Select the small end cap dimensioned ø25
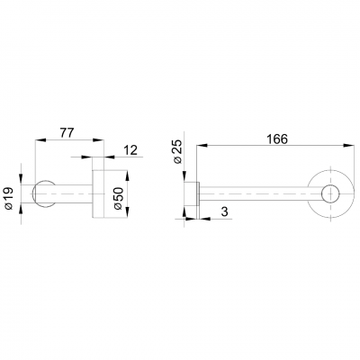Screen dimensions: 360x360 [x=191, y=193]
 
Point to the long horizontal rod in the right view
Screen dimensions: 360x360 [x=256, y=193]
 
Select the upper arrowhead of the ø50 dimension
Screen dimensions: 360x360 [x=133, y=170]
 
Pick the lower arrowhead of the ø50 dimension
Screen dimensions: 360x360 [x=133, y=217]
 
